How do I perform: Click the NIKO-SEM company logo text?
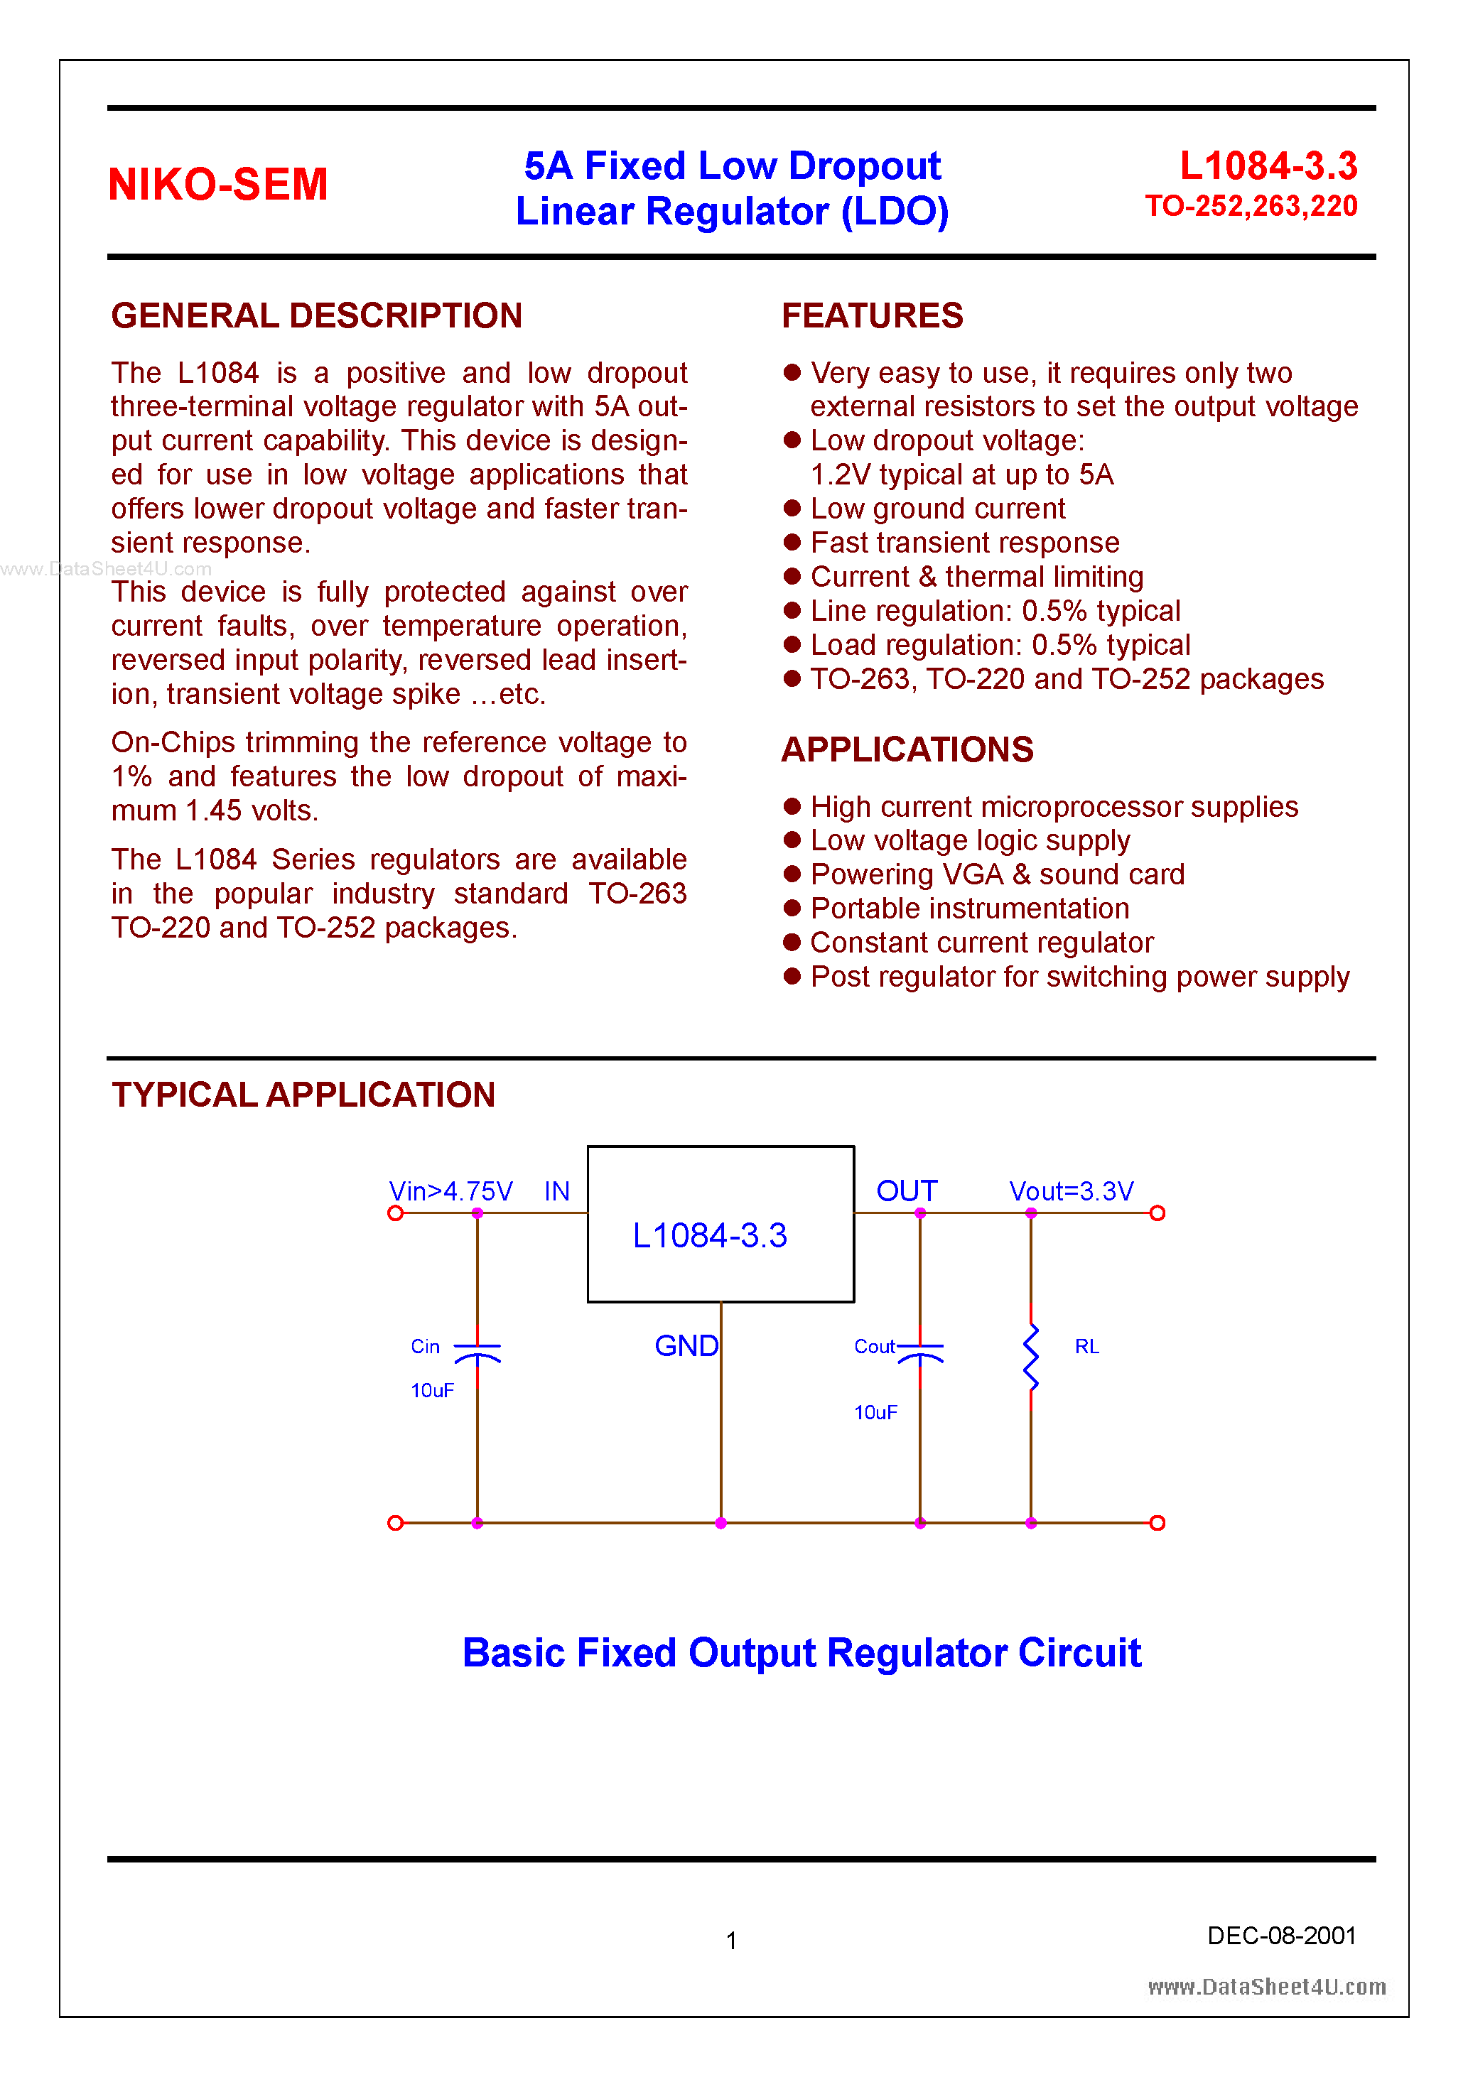217,185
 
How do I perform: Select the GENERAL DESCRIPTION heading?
316,315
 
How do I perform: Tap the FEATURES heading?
872,315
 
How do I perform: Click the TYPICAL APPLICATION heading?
303,1095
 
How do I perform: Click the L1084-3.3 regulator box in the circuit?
720,1224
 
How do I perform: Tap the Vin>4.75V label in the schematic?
450,1191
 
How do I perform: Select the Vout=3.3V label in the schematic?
1071,1191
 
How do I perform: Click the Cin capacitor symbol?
477,1352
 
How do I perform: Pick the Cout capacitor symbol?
919,1352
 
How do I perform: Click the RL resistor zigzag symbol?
1031,1357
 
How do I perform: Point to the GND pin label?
686,1346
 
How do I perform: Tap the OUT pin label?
906,1191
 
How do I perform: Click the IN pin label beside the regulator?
556,1191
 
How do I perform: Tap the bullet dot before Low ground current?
792,509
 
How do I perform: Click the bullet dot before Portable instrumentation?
792,909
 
